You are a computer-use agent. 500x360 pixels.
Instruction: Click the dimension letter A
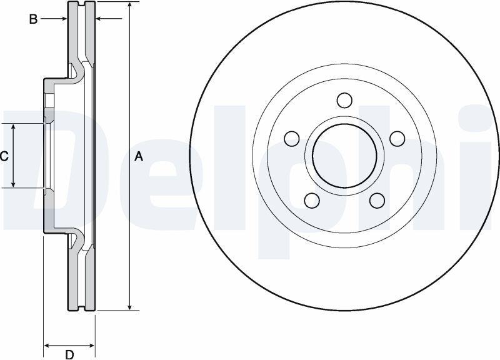(139, 157)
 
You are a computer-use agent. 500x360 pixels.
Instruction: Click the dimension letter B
(33, 19)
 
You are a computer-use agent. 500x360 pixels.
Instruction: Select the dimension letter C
(4, 156)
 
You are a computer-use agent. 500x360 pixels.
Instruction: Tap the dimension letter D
(69, 354)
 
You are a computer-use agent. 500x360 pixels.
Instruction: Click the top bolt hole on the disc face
(344, 100)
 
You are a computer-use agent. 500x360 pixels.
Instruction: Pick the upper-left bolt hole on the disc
(292, 138)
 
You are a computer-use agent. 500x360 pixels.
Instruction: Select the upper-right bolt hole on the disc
(397, 138)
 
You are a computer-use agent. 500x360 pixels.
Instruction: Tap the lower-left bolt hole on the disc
(312, 200)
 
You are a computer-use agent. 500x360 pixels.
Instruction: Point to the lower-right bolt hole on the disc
(377, 200)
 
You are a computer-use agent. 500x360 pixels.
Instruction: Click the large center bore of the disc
(344, 156)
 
